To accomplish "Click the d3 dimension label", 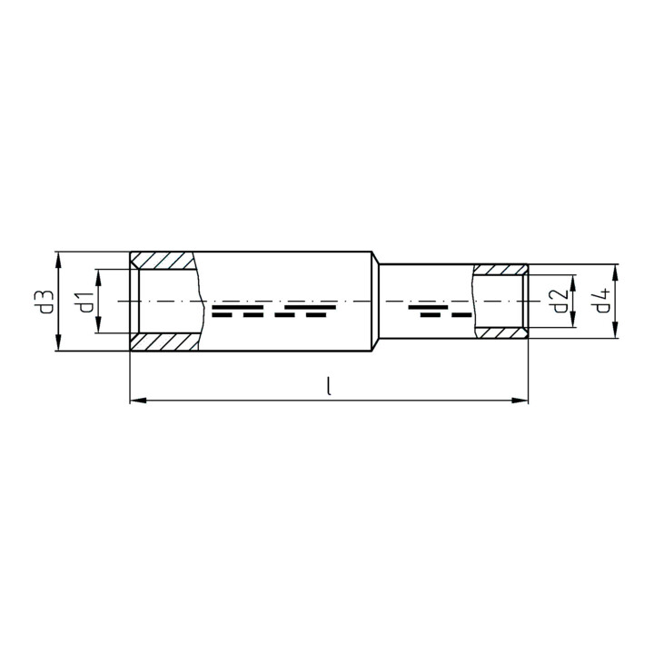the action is coord(47,302).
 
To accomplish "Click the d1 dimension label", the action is coord(85,302).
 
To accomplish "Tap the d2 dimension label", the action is coord(560,302).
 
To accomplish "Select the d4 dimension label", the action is coord(603,301).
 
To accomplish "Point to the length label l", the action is coord(330,386).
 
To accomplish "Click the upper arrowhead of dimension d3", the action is coord(58,260).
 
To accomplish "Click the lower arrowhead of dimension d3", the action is coord(58,342).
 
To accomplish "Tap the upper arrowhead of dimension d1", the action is coord(99,277).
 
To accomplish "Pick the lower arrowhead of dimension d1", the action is coord(99,325).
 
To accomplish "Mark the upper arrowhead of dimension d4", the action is coord(615,272).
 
